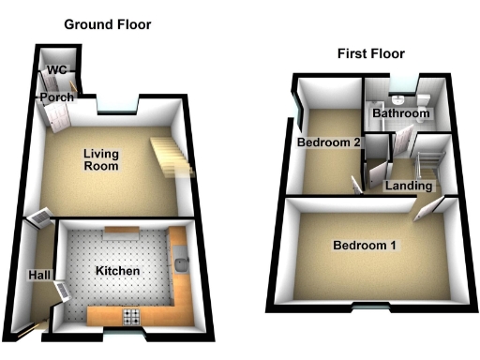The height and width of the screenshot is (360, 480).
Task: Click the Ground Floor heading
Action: [107, 24]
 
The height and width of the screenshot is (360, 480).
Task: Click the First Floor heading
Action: [372, 53]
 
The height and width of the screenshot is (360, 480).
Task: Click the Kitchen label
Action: [118, 272]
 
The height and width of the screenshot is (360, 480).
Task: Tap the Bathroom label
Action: [401, 113]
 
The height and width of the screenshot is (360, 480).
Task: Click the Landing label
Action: [406, 186]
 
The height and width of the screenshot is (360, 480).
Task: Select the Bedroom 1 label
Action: [365, 247]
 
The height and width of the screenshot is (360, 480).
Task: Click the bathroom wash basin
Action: [398, 98]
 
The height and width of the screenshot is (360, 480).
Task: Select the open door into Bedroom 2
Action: [355, 182]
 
